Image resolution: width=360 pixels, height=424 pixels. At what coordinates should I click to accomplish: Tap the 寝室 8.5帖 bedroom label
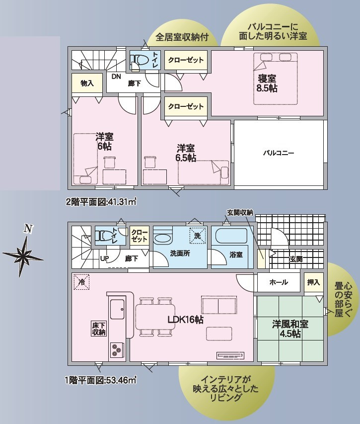tap(267, 84)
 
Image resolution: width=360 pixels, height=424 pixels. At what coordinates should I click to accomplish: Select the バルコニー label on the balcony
tap(279, 153)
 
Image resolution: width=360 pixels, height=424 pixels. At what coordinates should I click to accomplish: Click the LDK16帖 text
tap(186, 320)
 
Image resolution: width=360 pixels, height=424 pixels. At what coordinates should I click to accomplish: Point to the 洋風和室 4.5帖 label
tap(290, 329)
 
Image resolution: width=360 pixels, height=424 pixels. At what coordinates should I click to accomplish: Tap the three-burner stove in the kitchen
tap(117, 349)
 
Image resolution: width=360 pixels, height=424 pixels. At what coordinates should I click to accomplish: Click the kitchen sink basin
tap(118, 309)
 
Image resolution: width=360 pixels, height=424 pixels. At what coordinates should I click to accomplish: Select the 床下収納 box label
tap(99, 329)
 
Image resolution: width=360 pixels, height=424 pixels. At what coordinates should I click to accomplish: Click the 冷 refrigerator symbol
tap(81, 282)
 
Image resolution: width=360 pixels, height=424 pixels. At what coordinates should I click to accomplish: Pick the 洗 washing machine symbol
tap(198, 236)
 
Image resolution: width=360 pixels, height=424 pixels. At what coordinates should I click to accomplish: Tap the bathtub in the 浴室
tap(231, 236)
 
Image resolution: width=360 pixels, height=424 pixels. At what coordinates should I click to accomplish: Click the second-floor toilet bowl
tap(140, 60)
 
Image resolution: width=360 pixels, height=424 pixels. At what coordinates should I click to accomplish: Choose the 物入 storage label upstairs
tap(87, 84)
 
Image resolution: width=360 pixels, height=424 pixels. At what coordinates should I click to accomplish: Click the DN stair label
tap(116, 77)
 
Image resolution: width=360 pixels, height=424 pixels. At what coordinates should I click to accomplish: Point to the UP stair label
tap(104, 259)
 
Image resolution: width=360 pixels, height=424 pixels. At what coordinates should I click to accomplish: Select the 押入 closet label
tap(313, 282)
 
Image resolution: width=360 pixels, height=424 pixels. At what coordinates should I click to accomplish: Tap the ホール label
tap(279, 282)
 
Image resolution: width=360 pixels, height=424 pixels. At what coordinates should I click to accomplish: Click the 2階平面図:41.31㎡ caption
tap(101, 202)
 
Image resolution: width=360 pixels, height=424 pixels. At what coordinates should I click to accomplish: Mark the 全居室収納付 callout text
tap(182, 37)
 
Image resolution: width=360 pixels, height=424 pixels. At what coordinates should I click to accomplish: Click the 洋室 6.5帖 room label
tap(186, 153)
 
